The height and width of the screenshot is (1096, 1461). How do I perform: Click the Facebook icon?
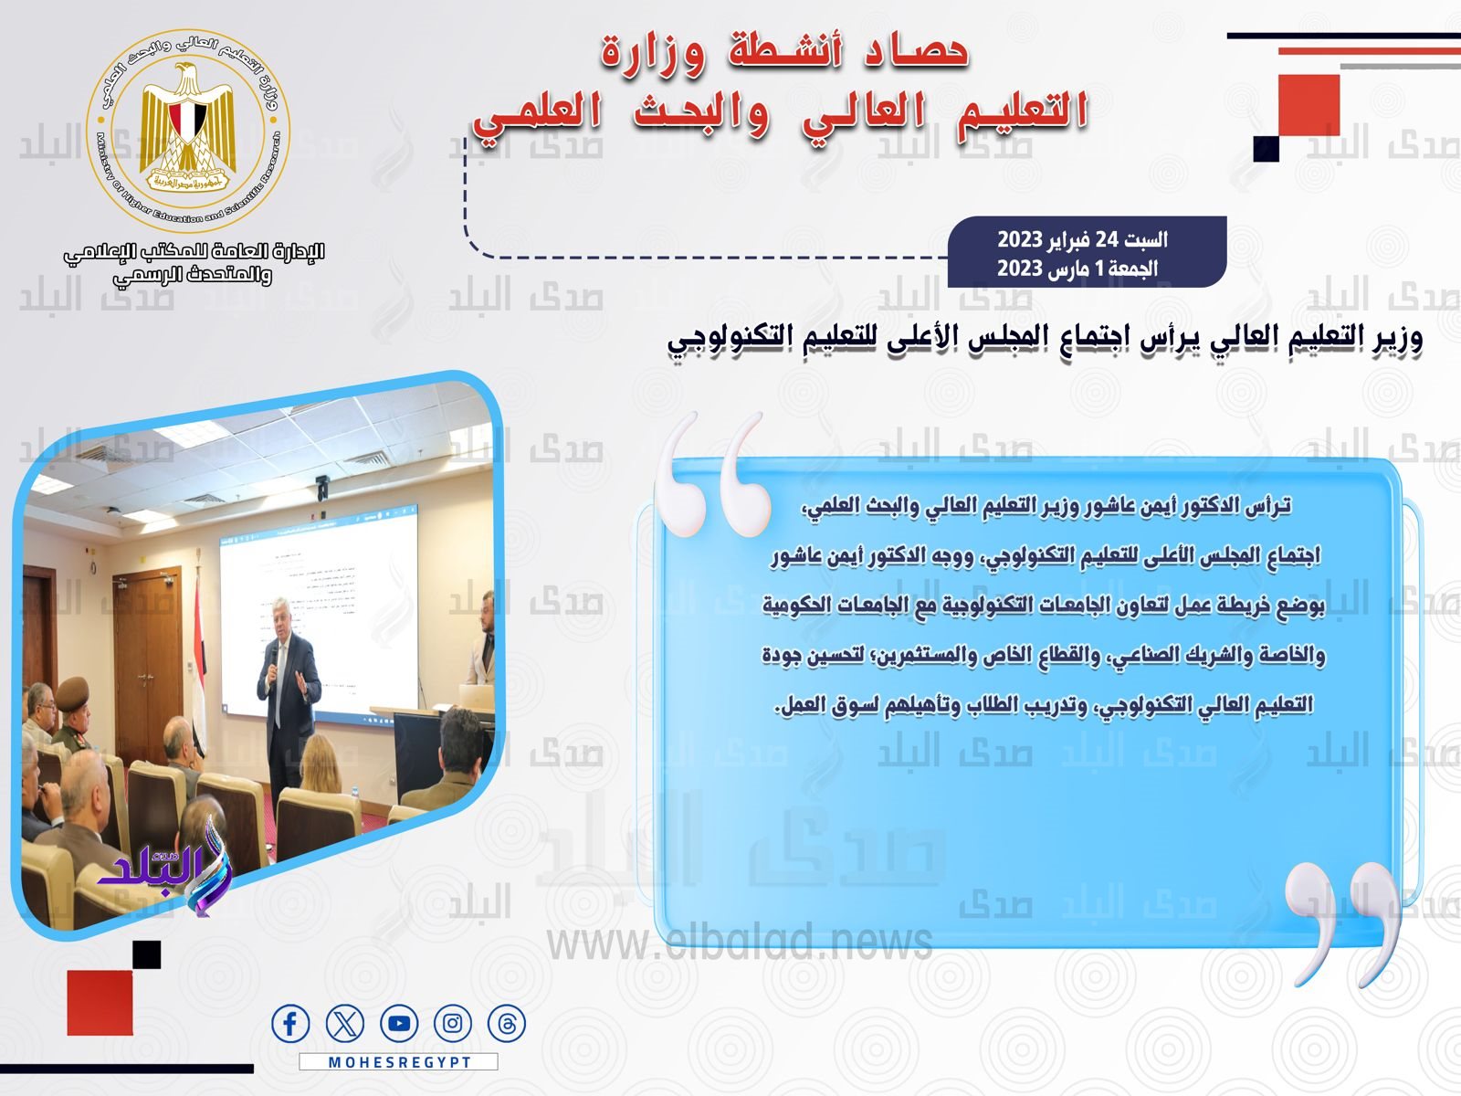[x=290, y=1024]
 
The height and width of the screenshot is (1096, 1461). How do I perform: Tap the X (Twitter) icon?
[x=344, y=1024]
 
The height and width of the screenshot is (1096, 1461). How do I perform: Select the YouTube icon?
[x=399, y=1024]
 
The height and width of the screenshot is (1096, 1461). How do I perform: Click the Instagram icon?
[x=453, y=1024]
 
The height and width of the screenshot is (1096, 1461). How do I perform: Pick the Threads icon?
[x=507, y=1024]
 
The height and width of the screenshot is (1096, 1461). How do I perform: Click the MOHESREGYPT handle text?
[x=399, y=1062]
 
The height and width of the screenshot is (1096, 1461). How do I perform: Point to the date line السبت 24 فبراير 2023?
[x=1082, y=239]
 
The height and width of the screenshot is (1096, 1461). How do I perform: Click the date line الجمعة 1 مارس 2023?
[x=1077, y=269]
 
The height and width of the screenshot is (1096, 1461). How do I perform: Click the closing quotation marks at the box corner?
[x=1342, y=922]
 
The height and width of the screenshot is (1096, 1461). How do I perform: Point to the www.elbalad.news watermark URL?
[x=740, y=941]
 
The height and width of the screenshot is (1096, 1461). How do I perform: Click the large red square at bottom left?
[x=100, y=1002]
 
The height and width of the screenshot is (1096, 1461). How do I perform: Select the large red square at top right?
[x=1309, y=105]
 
